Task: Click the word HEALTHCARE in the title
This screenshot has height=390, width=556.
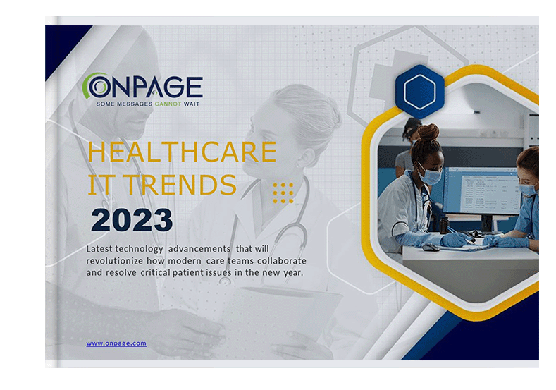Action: pos(182,152)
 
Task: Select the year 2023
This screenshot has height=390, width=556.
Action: pos(132,220)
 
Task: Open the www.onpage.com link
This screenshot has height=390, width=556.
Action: pos(116,343)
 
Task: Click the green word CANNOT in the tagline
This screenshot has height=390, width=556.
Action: pos(168,104)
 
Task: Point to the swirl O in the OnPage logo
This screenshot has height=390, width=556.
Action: pos(97,85)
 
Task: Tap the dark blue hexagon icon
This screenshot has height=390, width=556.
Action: pos(420,91)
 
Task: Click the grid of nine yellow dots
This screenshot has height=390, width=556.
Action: pos(283,193)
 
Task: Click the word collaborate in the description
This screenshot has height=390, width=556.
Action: pos(282,261)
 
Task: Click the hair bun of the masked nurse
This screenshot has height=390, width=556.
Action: pos(428,132)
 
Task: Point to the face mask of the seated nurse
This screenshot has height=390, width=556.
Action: pos(430,175)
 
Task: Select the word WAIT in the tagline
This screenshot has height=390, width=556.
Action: pos(192,104)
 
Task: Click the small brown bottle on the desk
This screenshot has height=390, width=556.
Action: pos(443,226)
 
